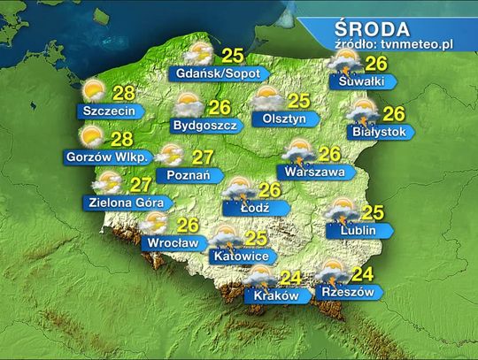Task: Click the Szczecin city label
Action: coord(105,111)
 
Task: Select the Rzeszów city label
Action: coord(349,292)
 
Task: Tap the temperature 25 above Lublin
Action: coord(373,211)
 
